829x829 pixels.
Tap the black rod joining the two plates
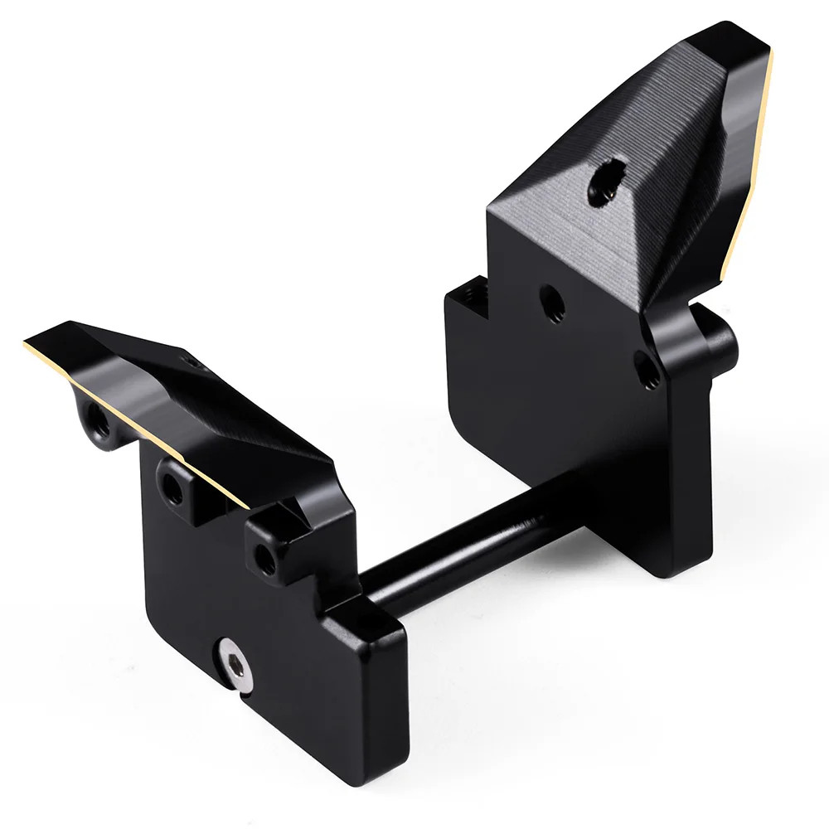pyautogui.click(x=464, y=547)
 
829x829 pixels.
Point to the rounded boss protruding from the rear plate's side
pyautogui.click(x=720, y=340)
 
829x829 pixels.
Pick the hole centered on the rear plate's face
pyautogui.click(x=552, y=303)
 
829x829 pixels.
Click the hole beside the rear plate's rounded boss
pyautogui.click(x=651, y=371)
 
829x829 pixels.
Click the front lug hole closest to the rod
pyautogui.click(x=265, y=560)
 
